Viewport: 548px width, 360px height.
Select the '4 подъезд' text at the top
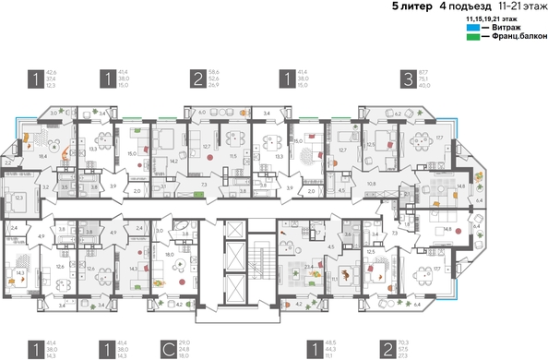(x=462, y=6)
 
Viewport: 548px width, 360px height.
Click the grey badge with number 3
(x=407, y=78)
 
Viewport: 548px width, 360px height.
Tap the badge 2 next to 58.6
(x=198, y=78)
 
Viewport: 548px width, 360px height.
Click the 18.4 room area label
(x=43, y=157)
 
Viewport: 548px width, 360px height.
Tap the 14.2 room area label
(x=173, y=161)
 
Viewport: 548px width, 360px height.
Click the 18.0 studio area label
(x=170, y=253)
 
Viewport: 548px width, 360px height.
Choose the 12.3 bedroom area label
(x=20, y=197)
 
